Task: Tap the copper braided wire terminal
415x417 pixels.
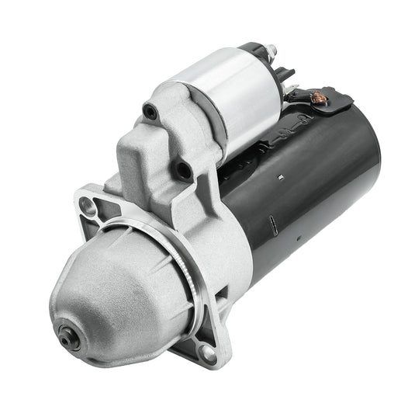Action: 316,99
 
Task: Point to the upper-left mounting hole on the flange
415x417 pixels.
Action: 87,205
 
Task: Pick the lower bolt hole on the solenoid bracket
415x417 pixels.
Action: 183,169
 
